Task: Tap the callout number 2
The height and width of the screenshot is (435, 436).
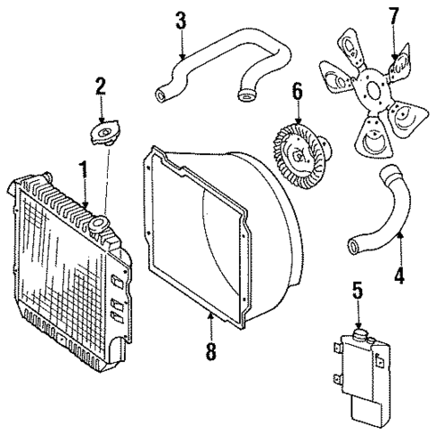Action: click(101, 88)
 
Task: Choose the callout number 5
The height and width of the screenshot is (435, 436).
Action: click(357, 290)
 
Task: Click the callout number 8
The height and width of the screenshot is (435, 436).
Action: click(210, 349)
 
